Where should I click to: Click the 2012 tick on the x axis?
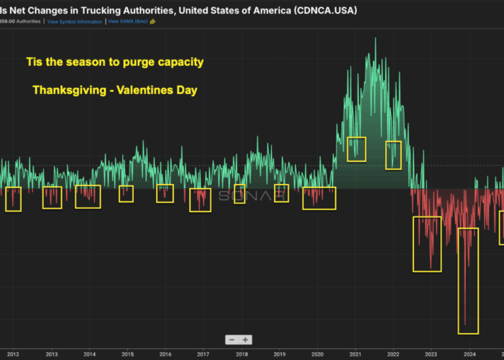click(x=13, y=354)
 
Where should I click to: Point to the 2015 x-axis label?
click(x=127, y=354)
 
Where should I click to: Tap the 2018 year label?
click(x=242, y=354)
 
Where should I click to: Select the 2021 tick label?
click(x=356, y=354)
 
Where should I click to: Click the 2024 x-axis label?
click(x=470, y=354)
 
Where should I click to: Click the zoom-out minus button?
click(x=232, y=340)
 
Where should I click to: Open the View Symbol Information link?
click(x=75, y=21)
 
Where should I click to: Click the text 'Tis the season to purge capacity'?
click(x=114, y=62)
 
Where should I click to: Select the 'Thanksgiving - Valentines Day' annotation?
click(x=114, y=90)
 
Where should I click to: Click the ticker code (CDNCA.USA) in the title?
click(x=325, y=10)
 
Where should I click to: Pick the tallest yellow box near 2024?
click(x=468, y=281)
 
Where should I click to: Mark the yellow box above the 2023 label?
click(x=427, y=244)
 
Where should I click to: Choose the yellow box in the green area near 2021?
click(x=356, y=149)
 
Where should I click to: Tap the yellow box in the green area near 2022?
click(x=393, y=155)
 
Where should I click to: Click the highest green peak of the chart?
click(x=375, y=39)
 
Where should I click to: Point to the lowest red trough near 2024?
click(x=465, y=324)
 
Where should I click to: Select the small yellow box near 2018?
click(x=239, y=194)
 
